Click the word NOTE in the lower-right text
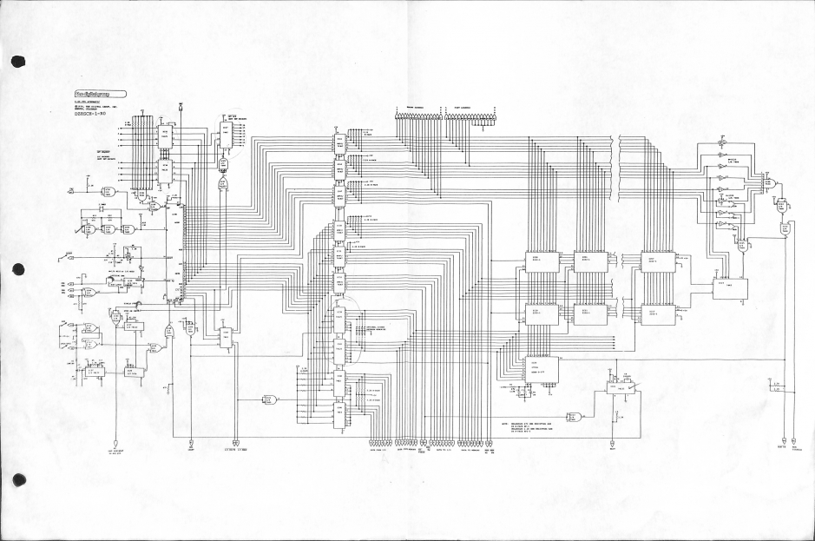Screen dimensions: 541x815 click(x=505, y=424)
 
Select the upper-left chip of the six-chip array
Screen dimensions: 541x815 click(x=542, y=261)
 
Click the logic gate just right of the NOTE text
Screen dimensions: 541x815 click(x=574, y=415)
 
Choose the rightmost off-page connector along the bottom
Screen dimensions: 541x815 click(x=799, y=439)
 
